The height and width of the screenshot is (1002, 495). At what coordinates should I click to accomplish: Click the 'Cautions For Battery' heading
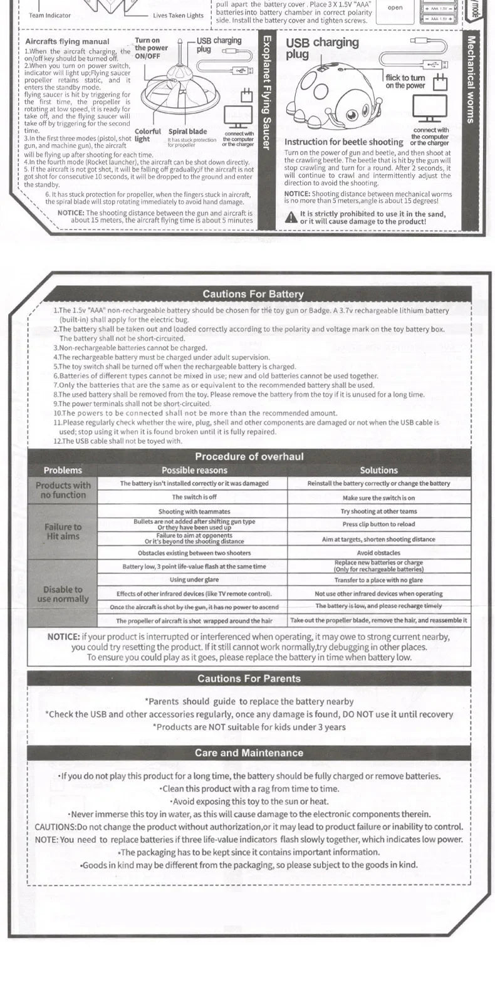(253, 294)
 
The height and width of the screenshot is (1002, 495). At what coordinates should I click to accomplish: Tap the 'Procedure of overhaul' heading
(249, 456)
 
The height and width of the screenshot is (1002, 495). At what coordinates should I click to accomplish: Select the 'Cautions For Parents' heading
(249, 678)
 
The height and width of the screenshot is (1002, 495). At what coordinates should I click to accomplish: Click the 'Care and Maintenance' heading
(249, 753)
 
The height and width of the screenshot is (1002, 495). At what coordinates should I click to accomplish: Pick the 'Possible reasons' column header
(194, 470)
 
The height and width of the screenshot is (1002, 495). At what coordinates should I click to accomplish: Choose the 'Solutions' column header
(378, 470)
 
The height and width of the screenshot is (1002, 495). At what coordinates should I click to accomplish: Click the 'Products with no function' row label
(63, 490)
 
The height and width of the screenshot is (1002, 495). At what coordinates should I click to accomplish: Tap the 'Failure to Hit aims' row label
(63, 531)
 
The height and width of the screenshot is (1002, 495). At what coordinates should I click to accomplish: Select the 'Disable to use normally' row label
(63, 593)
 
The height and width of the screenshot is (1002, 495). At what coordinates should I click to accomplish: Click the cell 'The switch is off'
(194, 497)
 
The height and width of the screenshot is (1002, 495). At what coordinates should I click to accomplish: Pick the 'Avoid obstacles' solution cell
(378, 553)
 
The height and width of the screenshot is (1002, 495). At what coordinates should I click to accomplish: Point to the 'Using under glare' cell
(194, 580)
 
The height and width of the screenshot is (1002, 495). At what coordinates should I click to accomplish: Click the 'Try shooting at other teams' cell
(378, 511)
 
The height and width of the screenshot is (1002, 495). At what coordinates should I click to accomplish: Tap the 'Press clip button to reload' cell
(378, 524)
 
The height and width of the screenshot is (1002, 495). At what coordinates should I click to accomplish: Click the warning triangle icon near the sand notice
(291, 217)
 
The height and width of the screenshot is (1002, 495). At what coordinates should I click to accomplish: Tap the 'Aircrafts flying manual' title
(67, 41)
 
